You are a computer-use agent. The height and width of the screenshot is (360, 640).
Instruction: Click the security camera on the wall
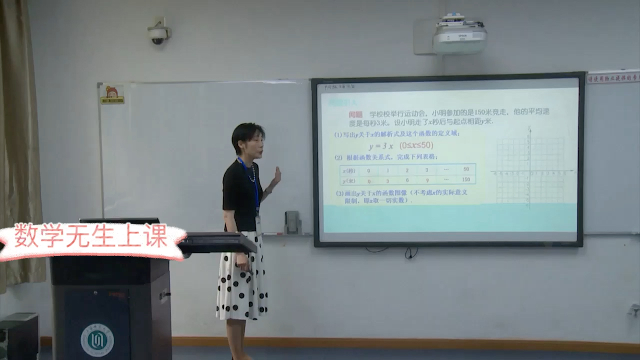pos(158,34)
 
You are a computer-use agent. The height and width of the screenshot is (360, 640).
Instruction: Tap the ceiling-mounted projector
pos(459,36)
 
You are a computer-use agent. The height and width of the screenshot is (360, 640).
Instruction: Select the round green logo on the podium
pos(97,340)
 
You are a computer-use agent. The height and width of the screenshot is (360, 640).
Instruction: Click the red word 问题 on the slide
pos(355,114)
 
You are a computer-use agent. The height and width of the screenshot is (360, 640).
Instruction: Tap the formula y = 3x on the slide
pos(381,146)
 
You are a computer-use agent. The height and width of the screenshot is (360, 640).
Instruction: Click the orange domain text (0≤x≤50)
pos(416,145)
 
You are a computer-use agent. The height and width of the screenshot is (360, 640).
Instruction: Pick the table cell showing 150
pos(466,179)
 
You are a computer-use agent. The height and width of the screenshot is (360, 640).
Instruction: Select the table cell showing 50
pos(466,169)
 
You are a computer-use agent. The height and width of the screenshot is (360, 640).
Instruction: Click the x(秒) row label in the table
pos(348,170)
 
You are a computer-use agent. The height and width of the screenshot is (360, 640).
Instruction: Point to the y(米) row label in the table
pos(348,180)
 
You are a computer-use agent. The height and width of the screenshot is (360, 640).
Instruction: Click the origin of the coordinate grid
pos(529,172)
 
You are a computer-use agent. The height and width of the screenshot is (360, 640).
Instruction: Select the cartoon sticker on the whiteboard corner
pos(112,94)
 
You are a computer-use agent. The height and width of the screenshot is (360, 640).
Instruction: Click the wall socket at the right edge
pos(634,310)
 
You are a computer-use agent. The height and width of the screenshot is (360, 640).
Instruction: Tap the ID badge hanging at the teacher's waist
pos(258,224)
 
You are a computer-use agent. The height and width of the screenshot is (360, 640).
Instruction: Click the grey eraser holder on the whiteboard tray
pos(292,222)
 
